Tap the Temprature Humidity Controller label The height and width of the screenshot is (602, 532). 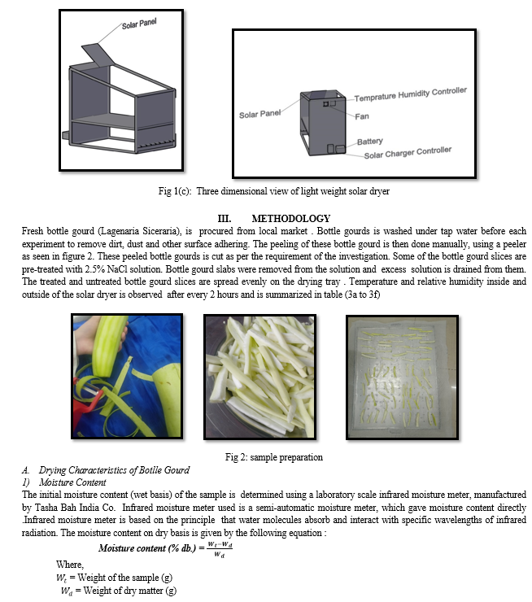coord(410,96)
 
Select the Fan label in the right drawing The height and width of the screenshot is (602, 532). coord(361,116)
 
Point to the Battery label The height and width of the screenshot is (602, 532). coord(370,142)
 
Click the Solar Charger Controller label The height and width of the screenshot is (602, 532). coord(408,153)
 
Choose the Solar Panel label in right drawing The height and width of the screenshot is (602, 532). coord(259,115)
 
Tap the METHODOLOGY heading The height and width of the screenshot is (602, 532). coord(290,218)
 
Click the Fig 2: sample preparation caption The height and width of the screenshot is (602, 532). coord(265,456)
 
